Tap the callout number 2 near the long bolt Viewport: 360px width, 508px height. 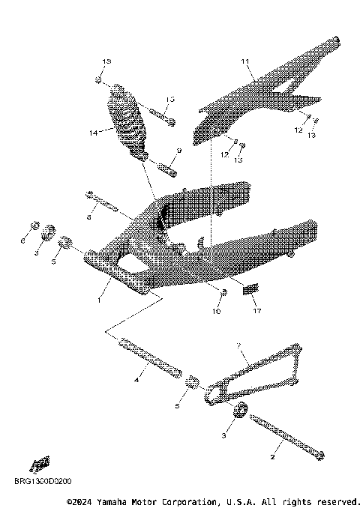coord(272,455)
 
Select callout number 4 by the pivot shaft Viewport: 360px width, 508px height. coord(137,381)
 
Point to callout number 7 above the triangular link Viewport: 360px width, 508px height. coord(238,345)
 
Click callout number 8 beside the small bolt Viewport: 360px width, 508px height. coord(88,217)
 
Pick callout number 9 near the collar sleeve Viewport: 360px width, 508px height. coord(178,151)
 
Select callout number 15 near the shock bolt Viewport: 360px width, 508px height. coord(170,99)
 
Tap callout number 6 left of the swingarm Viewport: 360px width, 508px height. coord(22,242)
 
